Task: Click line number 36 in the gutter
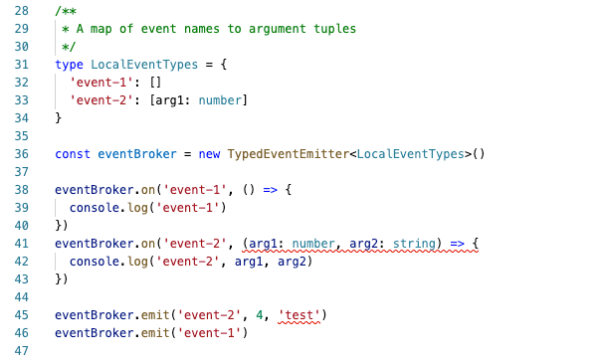point(19,154)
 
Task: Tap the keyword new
point(209,154)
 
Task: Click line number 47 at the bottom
point(19,351)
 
